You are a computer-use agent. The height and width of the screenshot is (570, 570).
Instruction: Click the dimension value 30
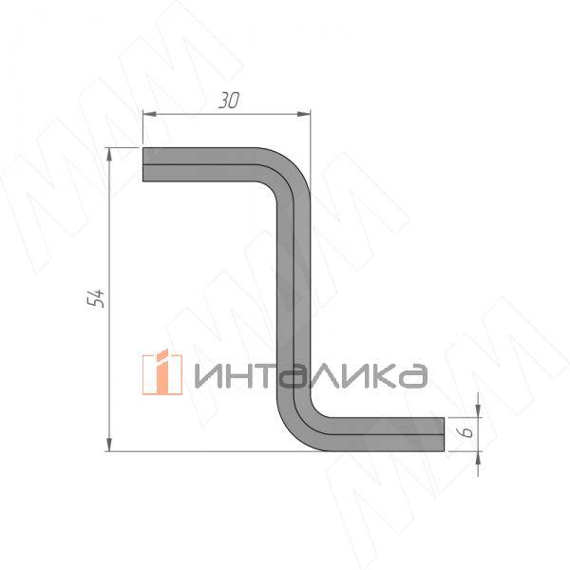pos(229,101)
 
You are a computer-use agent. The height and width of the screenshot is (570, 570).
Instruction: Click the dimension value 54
pos(96,298)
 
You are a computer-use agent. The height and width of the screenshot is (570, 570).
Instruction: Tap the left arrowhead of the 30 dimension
pos(149,114)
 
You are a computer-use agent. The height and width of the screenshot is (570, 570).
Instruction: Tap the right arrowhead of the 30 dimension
pos(304,114)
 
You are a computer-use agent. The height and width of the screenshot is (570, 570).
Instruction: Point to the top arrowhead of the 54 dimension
pos(109,155)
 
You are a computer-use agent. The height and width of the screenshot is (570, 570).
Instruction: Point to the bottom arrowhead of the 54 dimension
pos(109,445)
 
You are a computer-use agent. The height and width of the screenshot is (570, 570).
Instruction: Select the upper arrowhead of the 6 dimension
pos(478,410)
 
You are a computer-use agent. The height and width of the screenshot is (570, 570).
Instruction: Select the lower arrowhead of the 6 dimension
pos(478,458)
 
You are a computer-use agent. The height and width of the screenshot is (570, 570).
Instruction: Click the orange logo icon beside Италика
pos(162,372)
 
